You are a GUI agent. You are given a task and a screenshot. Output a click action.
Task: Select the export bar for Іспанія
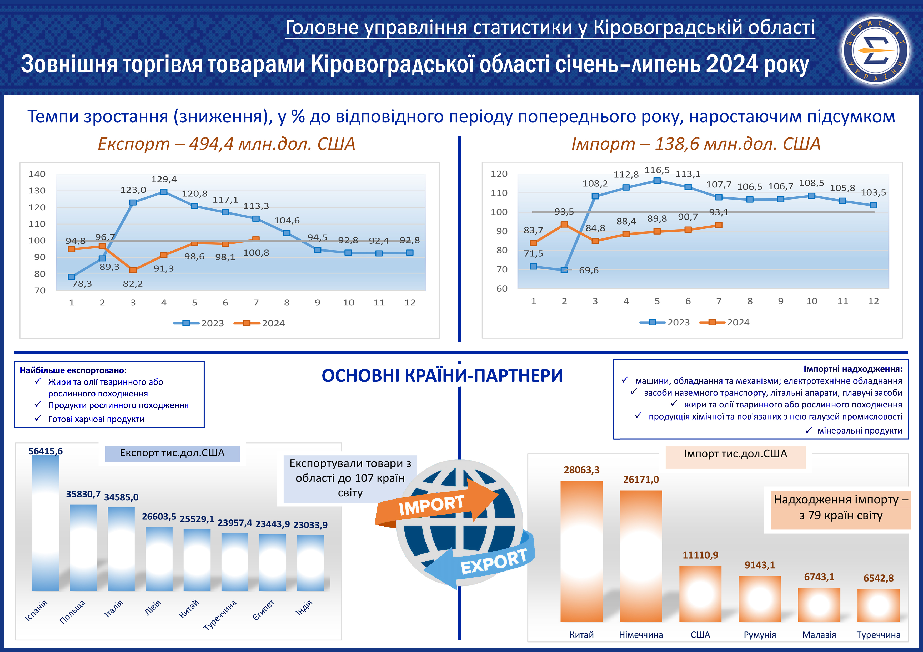46,522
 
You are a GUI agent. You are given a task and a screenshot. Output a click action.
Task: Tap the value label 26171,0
641,479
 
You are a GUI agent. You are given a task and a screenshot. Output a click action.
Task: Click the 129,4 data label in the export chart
164,179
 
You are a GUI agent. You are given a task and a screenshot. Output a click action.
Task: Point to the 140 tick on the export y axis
37,174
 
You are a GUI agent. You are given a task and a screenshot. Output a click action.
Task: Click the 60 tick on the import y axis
502,288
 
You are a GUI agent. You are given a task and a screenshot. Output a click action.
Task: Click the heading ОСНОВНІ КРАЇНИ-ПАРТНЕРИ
442,376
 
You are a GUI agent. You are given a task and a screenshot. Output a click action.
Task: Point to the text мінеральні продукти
860,431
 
